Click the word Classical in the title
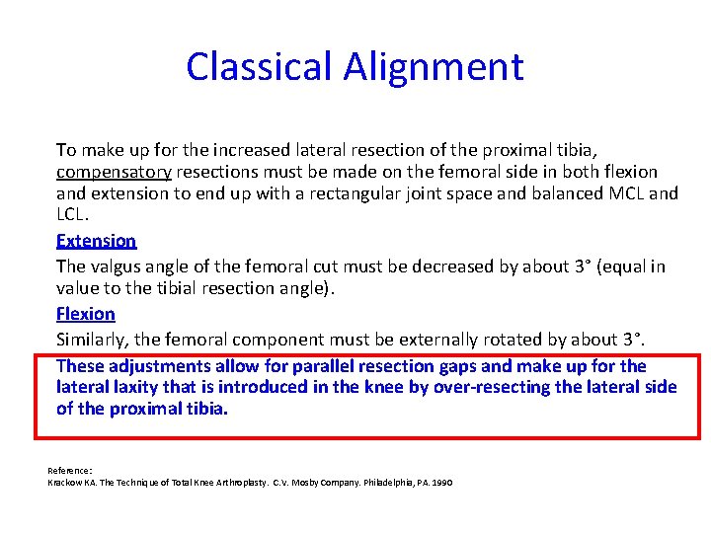[x=260, y=67]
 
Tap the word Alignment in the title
[x=434, y=67]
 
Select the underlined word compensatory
[x=114, y=172]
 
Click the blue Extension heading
[x=97, y=241]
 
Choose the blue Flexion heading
[x=86, y=314]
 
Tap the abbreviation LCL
[x=73, y=214]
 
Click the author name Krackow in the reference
[x=65, y=482]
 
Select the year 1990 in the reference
[x=440, y=482]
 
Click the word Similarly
[x=93, y=340]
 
